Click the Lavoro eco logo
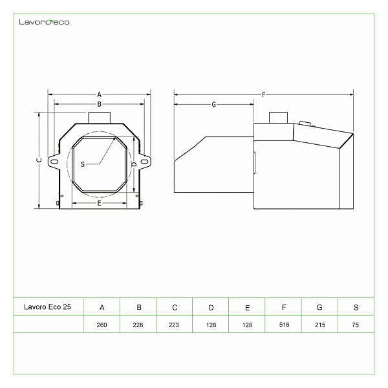[x=44, y=22]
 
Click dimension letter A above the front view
[x=99, y=94]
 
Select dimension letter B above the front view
[x=99, y=104]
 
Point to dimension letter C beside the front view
[x=39, y=160]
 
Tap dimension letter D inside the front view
[x=134, y=164]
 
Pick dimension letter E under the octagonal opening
[x=99, y=203]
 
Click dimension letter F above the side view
[x=264, y=94]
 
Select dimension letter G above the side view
[x=214, y=104]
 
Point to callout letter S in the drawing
[x=83, y=164]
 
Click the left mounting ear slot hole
[x=54, y=162]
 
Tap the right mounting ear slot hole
[x=144, y=162]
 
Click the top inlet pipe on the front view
[x=100, y=118]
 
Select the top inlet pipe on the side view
[x=278, y=118]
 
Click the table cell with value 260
[x=102, y=325]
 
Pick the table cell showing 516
[x=284, y=325]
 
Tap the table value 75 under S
[x=355, y=325]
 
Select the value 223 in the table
[x=174, y=325]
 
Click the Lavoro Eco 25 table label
[x=47, y=307]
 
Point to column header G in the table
[x=319, y=307]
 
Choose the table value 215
[x=320, y=325]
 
